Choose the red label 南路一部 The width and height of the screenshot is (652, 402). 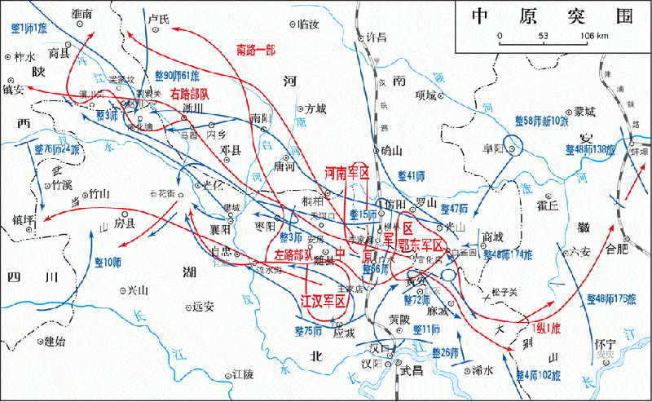[x=255, y=49]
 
